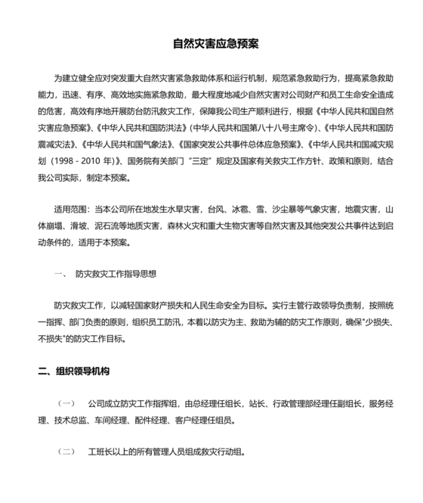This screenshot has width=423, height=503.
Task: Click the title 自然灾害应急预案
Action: pyautogui.click(x=211, y=43)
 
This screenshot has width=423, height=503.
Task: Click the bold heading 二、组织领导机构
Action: pyautogui.click(x=75, y=372)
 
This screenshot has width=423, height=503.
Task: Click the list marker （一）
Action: pyautogui.click(x=66, y=404)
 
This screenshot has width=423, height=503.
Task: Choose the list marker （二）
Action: pyautogui.click(x=66, y=452)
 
